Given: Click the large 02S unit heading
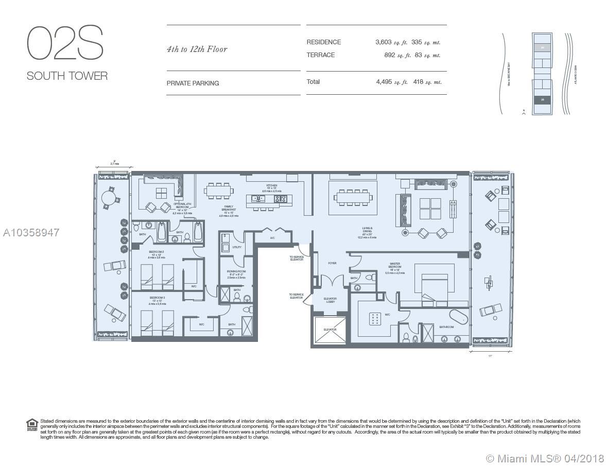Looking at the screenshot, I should click(x=65, y=43).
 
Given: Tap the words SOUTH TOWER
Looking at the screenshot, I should click(x=67, y=76).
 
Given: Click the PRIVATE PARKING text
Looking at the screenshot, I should click(x=193, y=83).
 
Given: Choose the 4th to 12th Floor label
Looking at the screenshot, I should click(x=197, y=49).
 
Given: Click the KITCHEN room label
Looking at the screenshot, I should click(x=271, y=186).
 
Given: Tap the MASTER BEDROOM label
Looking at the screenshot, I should click(x=395, y=267).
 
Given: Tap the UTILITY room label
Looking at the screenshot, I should click(x=237, y=247).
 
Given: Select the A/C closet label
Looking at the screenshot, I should click(x=272, y=238).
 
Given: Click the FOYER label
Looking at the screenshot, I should click(x=332, y=263).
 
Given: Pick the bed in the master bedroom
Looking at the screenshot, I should click(x=436, y=287).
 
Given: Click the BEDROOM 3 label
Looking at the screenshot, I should click(x=157, y=298).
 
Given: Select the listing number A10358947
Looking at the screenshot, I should click(x=31, y=233).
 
